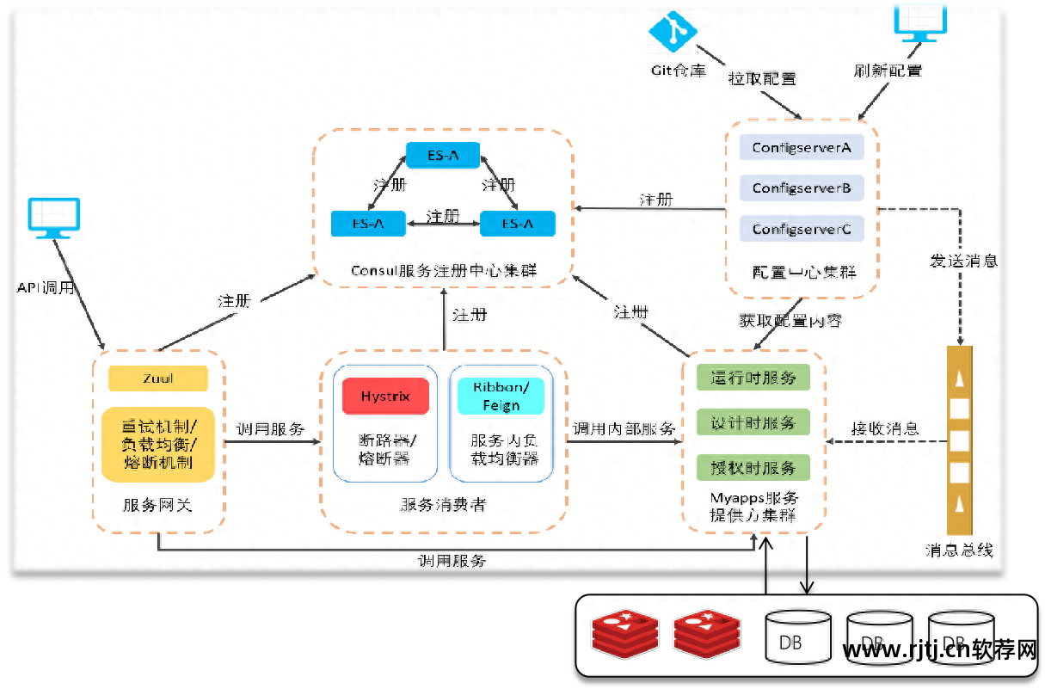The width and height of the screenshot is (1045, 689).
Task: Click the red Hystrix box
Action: point(384,397)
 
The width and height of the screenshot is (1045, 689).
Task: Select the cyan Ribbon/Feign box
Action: point(500,396)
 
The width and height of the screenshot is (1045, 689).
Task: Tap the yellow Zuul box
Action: point(157,378)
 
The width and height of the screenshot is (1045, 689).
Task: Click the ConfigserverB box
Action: point(801,188)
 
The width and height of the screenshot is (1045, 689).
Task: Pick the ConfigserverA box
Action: point(801,147)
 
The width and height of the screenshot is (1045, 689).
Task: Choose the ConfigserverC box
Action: point(801,229)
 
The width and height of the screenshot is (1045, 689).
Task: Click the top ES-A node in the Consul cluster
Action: point(443,155)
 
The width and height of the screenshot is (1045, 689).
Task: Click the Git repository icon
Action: point(673,31)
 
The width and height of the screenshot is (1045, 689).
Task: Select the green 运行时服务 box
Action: point(753,378)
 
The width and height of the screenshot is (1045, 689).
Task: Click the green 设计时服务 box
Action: point(753,422)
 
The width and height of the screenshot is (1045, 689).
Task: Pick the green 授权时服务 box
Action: point(753,468)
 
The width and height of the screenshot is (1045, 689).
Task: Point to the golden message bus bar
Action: point(959,440)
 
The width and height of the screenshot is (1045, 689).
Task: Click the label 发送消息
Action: point(963,260)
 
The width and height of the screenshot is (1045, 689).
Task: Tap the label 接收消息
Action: point(884,428)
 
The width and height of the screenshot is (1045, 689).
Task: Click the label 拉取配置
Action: point(762,78)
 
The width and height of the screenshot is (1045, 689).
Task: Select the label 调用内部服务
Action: point(624,428)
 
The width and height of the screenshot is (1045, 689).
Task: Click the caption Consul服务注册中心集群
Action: point(443,270)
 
